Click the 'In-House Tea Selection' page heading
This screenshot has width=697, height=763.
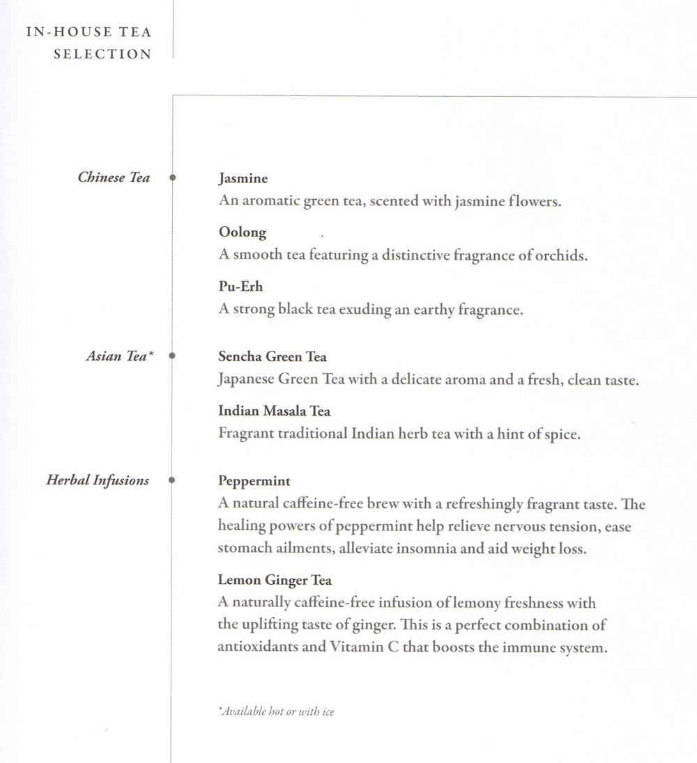point(89,42)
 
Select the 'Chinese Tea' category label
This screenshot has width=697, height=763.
point(114,178)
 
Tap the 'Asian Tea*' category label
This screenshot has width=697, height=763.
point(119,356)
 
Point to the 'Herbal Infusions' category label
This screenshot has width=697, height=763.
point(98,480)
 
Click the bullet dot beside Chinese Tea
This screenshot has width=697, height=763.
point(172,178)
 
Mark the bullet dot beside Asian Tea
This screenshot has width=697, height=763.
point(172,356)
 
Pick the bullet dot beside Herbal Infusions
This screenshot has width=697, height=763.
point(172,480)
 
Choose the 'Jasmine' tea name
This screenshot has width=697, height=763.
point(243,179)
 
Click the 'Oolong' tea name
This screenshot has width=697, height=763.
point(242,233)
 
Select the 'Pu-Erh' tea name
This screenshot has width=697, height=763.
point(240,286)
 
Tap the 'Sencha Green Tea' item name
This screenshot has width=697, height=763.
point(272,357)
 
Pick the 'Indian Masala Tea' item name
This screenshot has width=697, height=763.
point(274,411)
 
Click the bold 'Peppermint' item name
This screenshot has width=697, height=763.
point(254,481)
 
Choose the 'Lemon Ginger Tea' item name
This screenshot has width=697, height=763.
point(275,580)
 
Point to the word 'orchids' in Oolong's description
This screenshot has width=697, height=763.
point(561,255)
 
